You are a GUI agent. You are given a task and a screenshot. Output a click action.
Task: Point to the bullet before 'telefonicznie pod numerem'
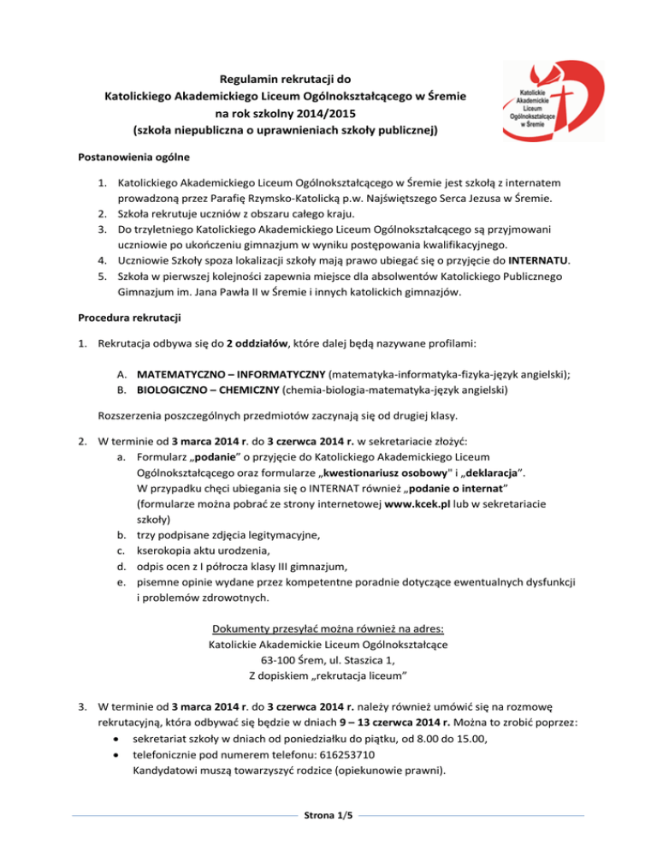click(x=114, y=745)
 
